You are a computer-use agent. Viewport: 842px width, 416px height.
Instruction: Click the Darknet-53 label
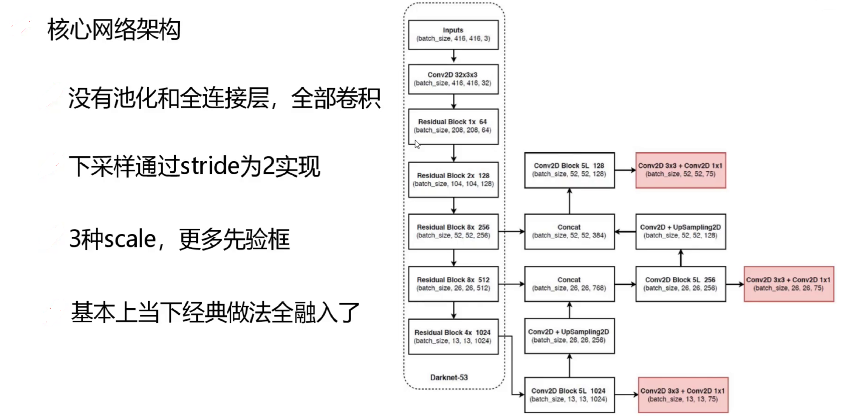449,378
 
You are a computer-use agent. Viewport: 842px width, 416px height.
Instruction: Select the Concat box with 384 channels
569,231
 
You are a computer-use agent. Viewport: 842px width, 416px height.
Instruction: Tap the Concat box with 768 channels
569,284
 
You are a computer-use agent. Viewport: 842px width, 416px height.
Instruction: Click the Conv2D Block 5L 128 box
569,170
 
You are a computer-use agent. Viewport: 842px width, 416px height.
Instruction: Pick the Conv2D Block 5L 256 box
680,284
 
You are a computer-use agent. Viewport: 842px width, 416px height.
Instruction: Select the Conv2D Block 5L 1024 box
569,395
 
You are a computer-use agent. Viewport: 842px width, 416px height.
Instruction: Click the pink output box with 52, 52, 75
680,170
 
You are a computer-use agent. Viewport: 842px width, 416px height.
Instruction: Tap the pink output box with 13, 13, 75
683,395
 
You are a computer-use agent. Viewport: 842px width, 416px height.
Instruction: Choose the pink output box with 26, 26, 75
788,284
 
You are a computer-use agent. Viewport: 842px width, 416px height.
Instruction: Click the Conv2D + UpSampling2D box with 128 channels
680,231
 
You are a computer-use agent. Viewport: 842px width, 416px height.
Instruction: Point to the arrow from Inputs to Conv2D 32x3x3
453,56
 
